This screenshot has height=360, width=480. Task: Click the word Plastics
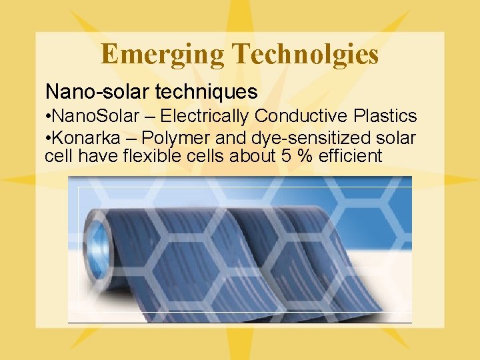click(x=385, y=116)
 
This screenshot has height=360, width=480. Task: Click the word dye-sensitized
click(x=294, y=138)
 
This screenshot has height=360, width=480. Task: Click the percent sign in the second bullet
click(x=287, y=156)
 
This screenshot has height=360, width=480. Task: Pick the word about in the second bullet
click(x=236, y=156)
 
